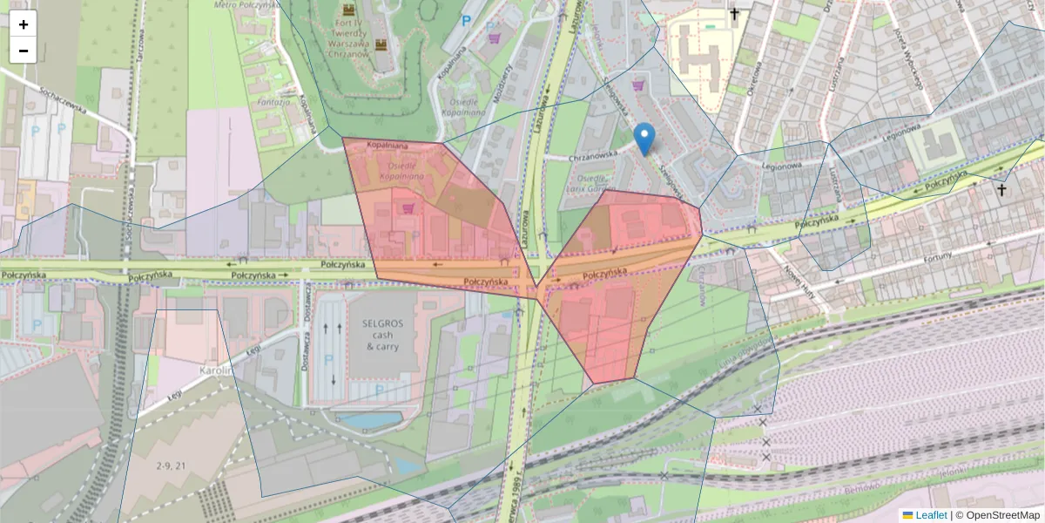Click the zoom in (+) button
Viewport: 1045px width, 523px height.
(24, 24)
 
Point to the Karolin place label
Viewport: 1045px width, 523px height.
(215, 370)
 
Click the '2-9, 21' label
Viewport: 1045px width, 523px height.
(171, 466)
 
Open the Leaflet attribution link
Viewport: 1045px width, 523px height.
(931, 515)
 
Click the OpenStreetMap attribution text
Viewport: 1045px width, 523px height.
(1001, 515)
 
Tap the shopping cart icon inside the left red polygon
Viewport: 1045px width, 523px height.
(408, 208)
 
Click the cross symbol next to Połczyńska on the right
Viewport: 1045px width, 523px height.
(1001, 189)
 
